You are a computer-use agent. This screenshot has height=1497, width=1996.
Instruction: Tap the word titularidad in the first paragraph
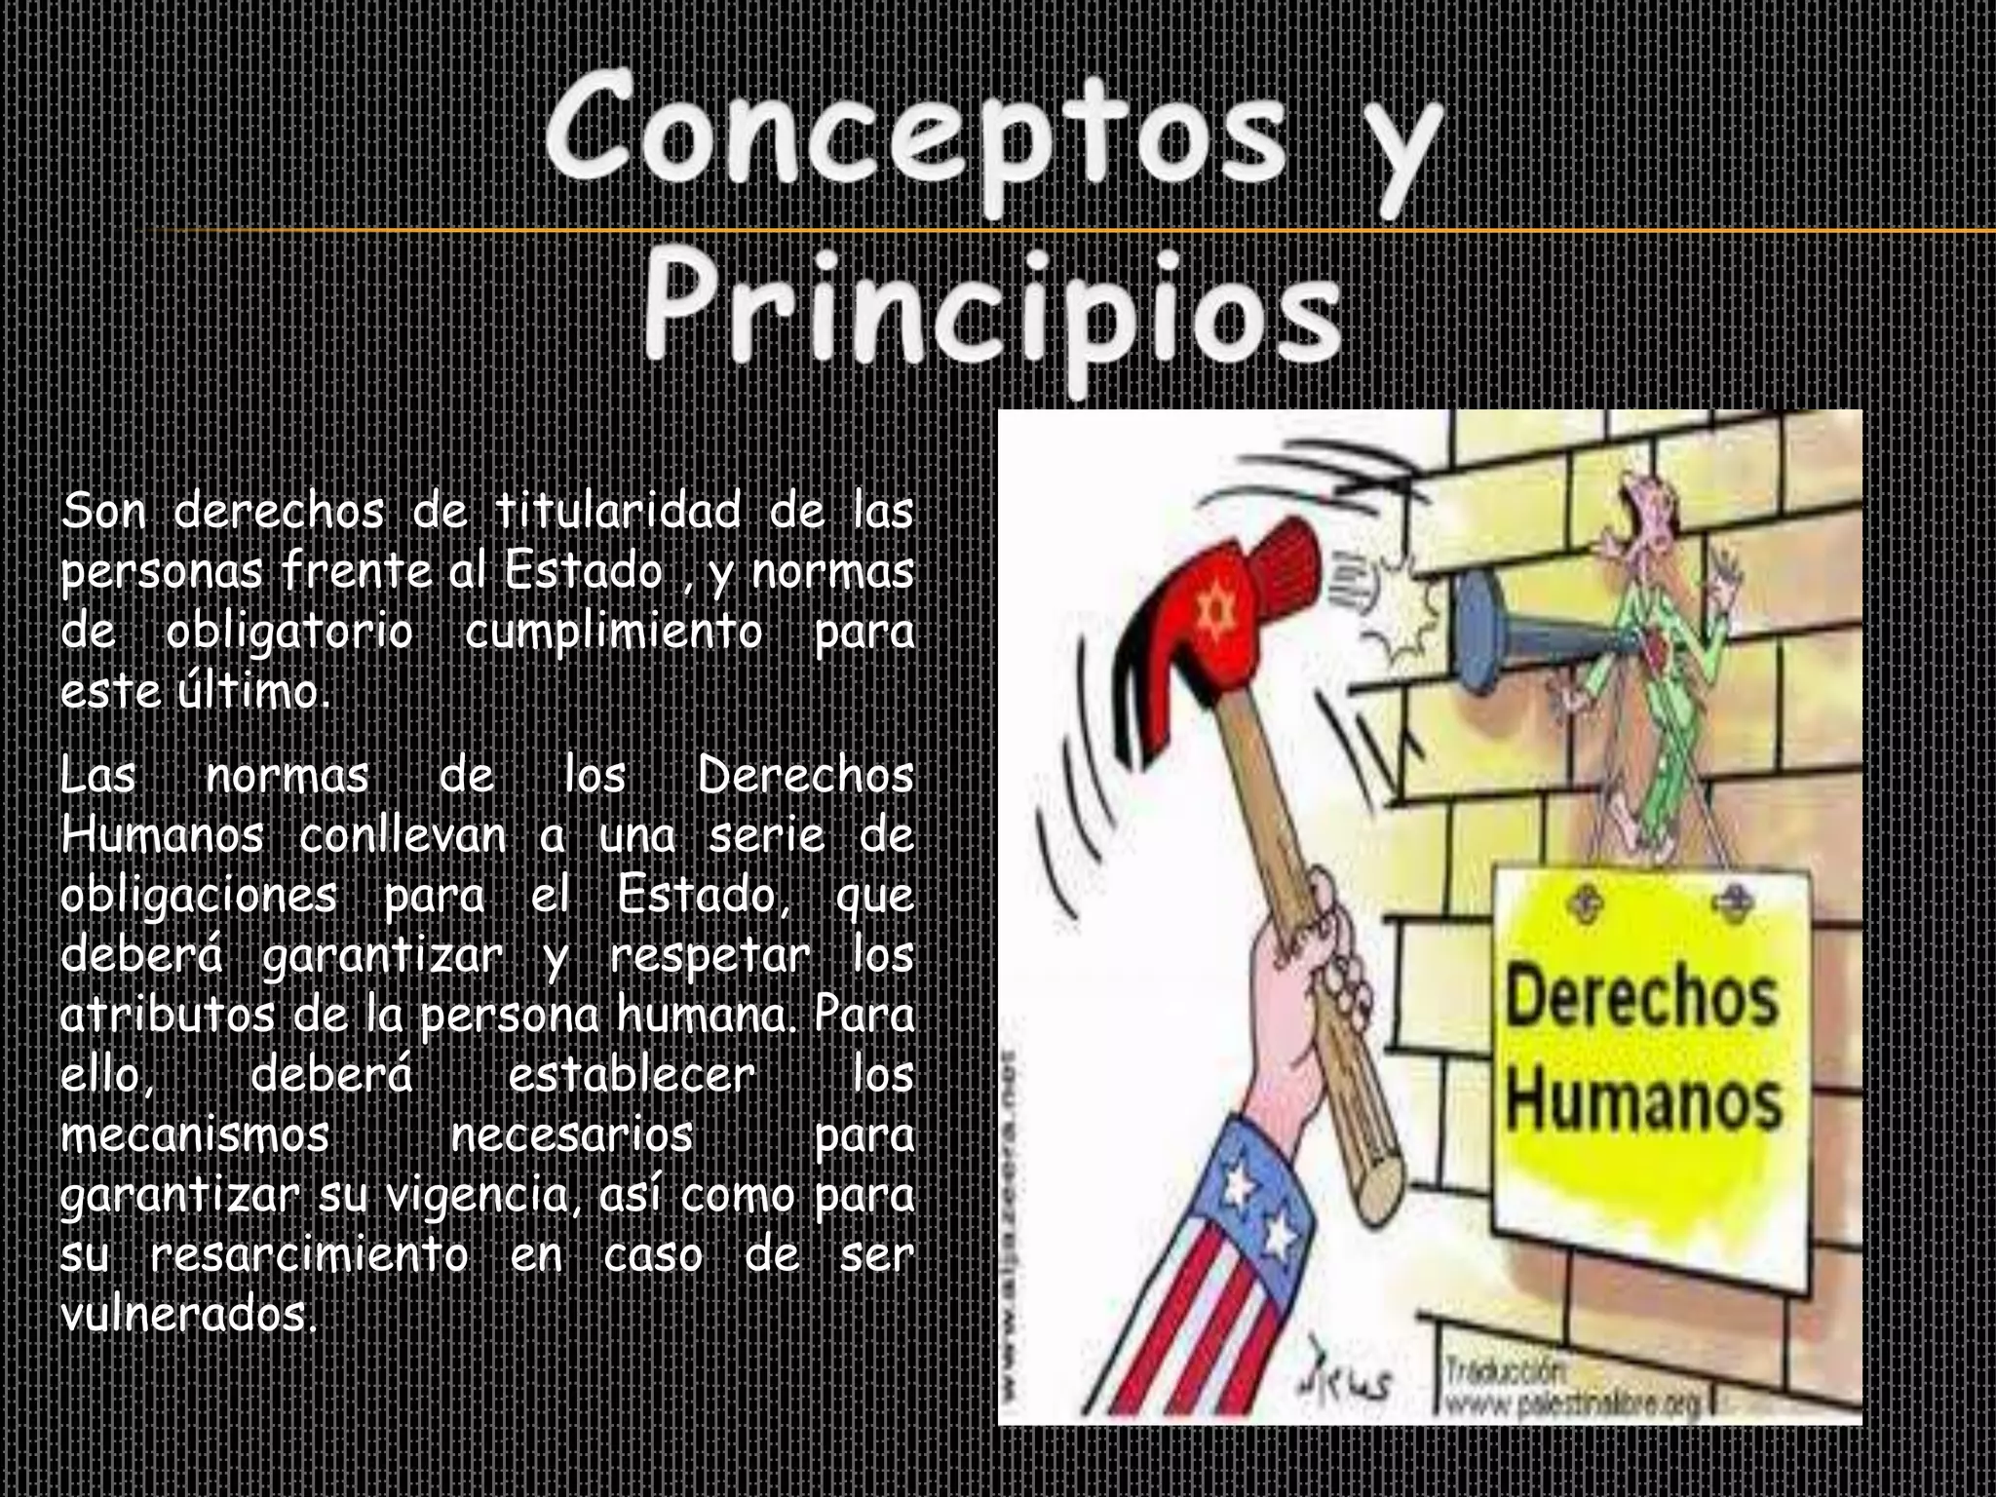tap(618, 512)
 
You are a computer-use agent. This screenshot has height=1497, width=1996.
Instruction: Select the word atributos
tap(167, 1016)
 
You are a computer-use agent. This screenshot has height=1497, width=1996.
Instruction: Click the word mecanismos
tap(195, 1135)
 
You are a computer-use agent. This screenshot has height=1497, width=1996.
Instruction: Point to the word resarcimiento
tap(310, 1255)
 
